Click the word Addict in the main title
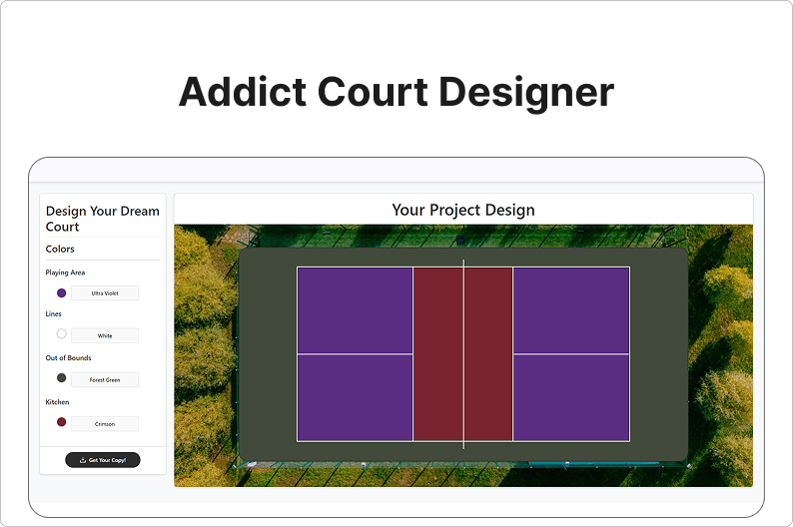pyautogui.click(x=243, y=92)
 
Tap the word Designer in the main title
pyautogui.click(x=526, y=94)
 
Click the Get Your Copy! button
pyautogui.click(x=103, y=460)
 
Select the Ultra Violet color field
pyautogui.click(x=105, y=293)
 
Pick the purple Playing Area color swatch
pyautogui.click(x=62, y=293)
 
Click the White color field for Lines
pyautogui.click(x=105, y=335)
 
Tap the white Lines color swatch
pyautogui.click(x=62, y=334)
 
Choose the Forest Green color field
pyautogui.click(x=105, y=379)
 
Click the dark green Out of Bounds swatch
pyautogui.click(x=62, y=378)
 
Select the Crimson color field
pyautogui.click(x=105, y=424)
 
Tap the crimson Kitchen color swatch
pyautogui.click(x=62, y=422)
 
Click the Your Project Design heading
pyautogui.click(x=463, y=211)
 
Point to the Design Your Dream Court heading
pyautogui.click(x=102, y=219)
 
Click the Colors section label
pyautogui.click(x=60, y=249)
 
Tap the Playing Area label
pyautogui.click(x=65, y=272)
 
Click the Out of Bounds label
pyautogui.click(x=68, y=357)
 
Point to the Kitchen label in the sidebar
pyautogui.click(x=57, y=402)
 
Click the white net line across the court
pyautogui.click(x=463, y=354)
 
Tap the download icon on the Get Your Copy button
pyautogui.click(x=83, y=460)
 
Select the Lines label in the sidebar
pyautogui.click(x=53, y=313)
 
